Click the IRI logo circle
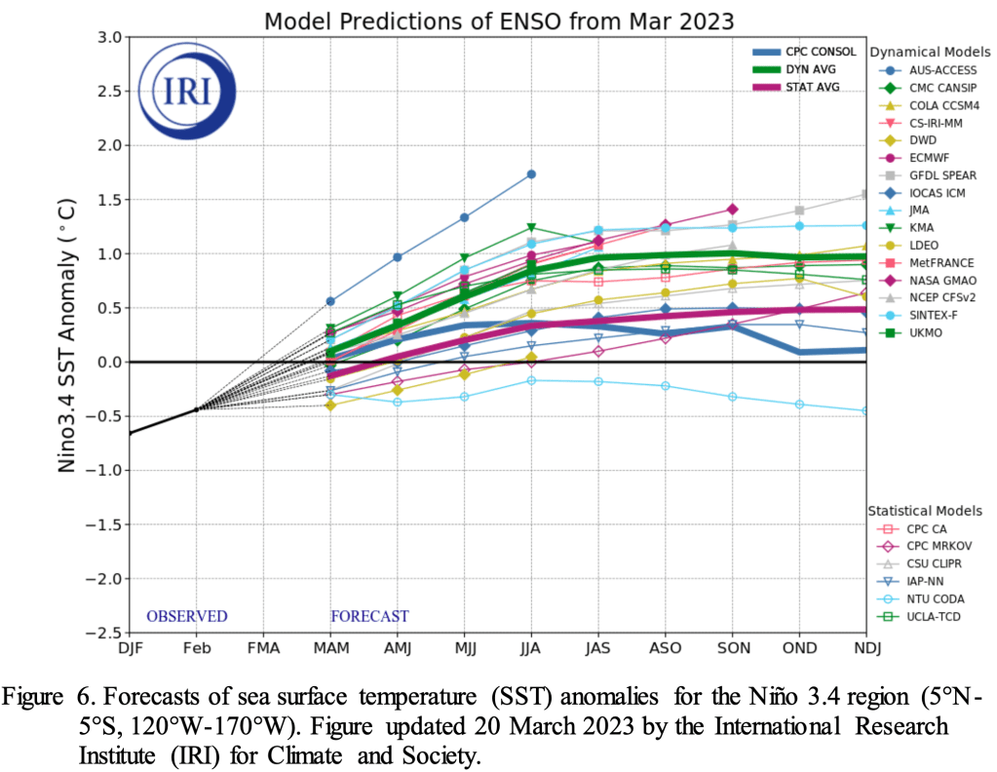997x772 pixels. (x=185, y=92)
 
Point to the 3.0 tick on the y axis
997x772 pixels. (x=108, y=38)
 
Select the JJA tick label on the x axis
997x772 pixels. (x=531, y=647)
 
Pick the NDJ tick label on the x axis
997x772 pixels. (x=864, y=647)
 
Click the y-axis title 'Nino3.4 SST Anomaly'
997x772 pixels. (x=67, y=336)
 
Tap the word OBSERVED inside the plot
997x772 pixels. (x=186, y=616)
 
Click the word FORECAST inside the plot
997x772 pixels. (x=369, y=616)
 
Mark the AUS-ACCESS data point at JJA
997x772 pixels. (x=531, y=174)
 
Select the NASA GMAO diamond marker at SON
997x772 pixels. (x=732, y=210)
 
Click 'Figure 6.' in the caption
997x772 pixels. (x=43, y=697)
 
